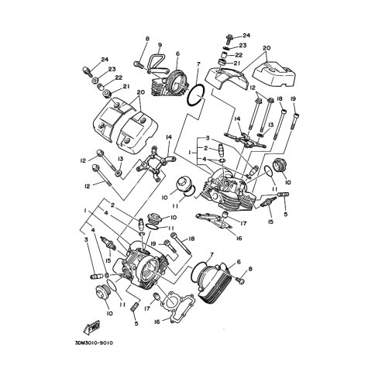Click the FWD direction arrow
91,327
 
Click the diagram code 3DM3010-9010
93,343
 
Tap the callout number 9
160,45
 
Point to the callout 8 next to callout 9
147,39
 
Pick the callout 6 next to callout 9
177,54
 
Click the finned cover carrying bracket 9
169,83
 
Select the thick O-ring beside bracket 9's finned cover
196,95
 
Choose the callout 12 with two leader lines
253,88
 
